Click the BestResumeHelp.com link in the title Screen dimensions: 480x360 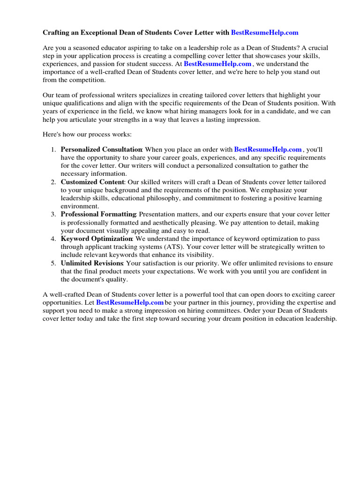tap(264, 33)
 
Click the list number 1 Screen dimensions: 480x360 tap(53, 150)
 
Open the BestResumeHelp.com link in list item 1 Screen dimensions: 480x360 tap(268, 150)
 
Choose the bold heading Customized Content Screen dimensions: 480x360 tap(92, 182)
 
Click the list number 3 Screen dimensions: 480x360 tap(53, 214)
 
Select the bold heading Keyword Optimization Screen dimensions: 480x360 tap(96, 239)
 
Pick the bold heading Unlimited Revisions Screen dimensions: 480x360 tap(92, 263)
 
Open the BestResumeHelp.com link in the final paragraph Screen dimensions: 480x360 tap(130, 303)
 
